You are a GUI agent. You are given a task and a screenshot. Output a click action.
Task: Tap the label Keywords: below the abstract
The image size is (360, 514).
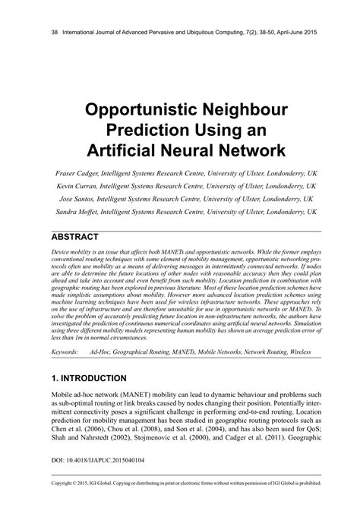(66, 352)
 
